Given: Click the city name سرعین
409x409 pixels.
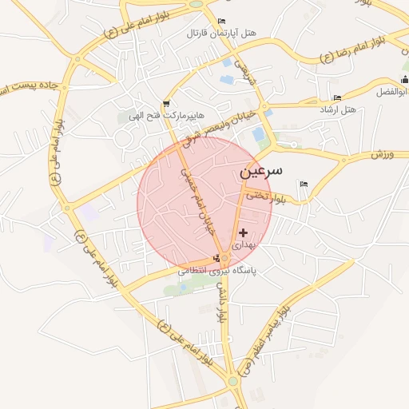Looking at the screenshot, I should [260, 172].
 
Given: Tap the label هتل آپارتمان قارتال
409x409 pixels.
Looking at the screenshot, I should [221, 34].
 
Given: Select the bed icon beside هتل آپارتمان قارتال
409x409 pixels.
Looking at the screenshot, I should [221, 21].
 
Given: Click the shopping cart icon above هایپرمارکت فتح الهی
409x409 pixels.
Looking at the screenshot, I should [165, 103].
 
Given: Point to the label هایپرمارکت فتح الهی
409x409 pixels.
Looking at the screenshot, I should [165, 117].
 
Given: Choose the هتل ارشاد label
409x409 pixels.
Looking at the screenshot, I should [339, 108].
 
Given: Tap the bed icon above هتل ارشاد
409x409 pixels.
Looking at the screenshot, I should [338, 97].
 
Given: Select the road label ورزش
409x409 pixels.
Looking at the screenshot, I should [383, 153].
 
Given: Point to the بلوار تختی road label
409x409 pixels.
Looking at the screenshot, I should [266, 194].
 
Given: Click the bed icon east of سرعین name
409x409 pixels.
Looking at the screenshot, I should [303, 185].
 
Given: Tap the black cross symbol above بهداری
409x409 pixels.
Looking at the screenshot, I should [244, 232].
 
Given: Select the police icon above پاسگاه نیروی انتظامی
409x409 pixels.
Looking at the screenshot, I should [216, 258].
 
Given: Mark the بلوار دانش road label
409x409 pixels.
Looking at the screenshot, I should [221, 304].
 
